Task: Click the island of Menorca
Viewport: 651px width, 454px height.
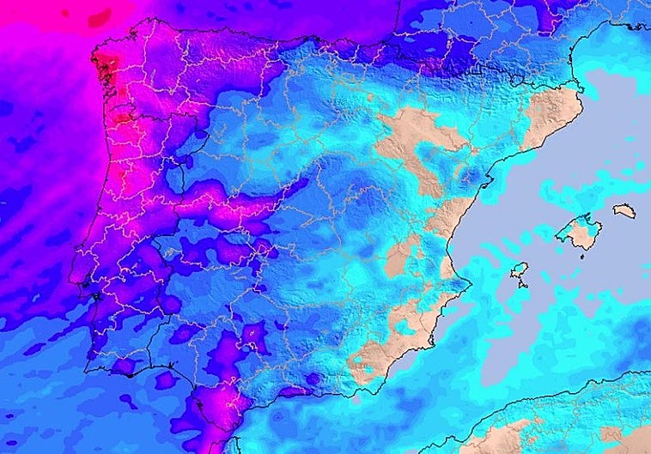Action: click(624, 211)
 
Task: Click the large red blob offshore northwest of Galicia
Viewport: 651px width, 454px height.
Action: click(99, 16)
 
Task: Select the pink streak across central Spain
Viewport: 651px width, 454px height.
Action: click(240, 206)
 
